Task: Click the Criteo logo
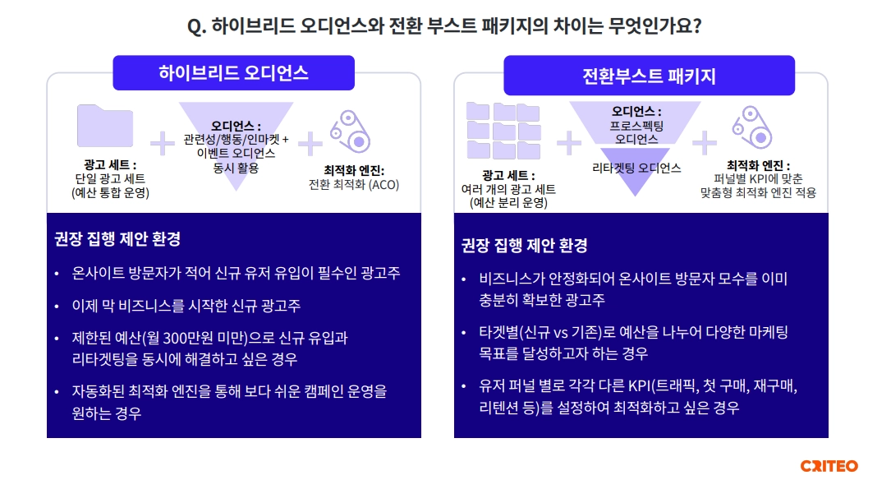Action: pyautogui.click(x=829, y=466)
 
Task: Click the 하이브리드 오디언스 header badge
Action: pyautogui.click(x=233, y=73)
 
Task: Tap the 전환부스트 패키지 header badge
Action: pyautogui.click(x=649, y=75)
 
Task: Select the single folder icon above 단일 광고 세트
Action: pyautogui.click(x=105, y=126)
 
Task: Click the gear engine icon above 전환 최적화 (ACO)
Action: pyautogui.click(x=351, y=131)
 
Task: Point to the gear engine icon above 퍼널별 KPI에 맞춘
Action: pyautogui.click(x=752, y=127)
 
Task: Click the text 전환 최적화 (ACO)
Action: pyautogui.click(x=354, y=185)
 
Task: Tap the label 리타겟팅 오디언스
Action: pyautogui.click(x=636, y=168)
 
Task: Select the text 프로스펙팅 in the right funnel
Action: pyautogui.click(x=636, y=126)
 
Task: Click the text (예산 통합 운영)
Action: pyautogui.click(x=110, y=193)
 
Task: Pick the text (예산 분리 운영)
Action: pyautogui.click(x=508, y=202)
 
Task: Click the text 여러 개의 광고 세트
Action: pyautogui.click(x=508, y=189)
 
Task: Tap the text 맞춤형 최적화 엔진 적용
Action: pyautogui.click(x=758, y=193)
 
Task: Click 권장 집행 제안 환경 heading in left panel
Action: pyautogui.click(x=117, y=239)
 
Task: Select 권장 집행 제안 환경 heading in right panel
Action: pyautogui.click(x=525, y=246)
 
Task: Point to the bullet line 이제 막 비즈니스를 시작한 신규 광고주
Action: pyautogui.click(x=186, y=306)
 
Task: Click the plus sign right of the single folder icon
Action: pyautogui.click(x=163, y=143)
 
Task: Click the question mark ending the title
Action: pyautogui.click(x=697, y=25)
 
